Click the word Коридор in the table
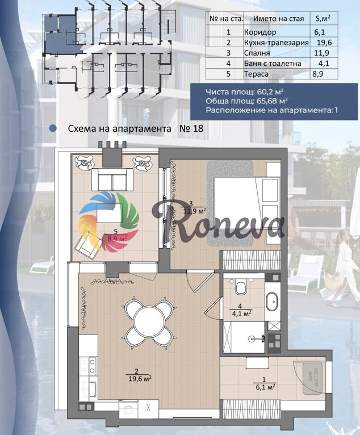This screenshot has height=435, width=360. [260, 32]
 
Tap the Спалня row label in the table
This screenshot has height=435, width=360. [257, 53]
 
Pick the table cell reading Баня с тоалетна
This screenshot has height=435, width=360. [273, 64]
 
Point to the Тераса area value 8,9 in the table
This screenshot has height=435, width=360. [319, 74]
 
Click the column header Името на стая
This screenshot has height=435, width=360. [278, 19]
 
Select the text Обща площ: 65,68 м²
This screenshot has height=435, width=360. [246, 101]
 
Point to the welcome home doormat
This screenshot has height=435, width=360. [312, 378]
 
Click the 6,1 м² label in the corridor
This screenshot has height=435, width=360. [264, 387]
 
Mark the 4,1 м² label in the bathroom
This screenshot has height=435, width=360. [240, 313]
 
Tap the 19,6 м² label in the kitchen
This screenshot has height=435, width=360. [140, 378]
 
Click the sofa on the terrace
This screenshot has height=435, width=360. [112, 179]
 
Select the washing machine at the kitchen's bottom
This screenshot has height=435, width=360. [129, 410]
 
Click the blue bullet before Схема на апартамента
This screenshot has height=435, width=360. [52, 128]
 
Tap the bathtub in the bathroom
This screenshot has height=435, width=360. [272, 302]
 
